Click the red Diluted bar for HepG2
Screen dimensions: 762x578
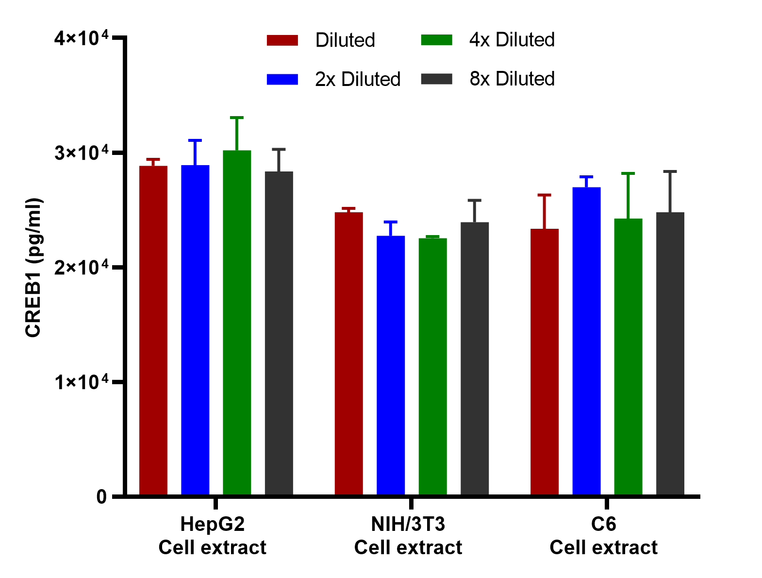153,330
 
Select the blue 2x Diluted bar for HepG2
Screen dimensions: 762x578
195,330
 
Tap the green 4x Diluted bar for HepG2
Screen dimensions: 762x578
237,323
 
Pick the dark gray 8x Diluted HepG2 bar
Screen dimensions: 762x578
279,333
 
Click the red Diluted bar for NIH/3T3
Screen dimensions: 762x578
348,354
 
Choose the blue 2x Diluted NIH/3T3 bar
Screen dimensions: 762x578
391,365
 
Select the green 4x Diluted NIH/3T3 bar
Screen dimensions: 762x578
432,366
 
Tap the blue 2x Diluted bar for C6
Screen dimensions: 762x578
586,341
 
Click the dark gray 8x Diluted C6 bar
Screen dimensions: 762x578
670,354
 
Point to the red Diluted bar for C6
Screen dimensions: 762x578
545,362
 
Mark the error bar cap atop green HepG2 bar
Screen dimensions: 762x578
237,118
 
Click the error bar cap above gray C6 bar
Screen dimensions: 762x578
670,171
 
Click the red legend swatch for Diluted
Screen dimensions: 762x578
282,40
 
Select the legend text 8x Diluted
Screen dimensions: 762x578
512,79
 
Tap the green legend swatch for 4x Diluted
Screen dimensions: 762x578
436,40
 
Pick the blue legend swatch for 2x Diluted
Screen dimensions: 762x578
282,79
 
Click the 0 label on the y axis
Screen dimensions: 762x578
101,497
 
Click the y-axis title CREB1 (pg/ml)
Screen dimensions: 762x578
33,268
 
